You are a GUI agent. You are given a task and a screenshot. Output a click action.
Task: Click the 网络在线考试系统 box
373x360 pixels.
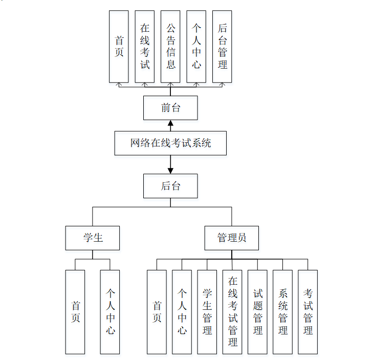coord(170,143)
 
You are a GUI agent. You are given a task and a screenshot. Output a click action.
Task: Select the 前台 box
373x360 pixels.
coord(170,108)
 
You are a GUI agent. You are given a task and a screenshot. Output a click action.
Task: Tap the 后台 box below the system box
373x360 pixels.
coord(170,186)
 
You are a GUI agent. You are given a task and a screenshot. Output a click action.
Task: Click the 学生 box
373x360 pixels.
coord(93,238)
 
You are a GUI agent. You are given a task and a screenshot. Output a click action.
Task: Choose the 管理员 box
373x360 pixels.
coord(231,238)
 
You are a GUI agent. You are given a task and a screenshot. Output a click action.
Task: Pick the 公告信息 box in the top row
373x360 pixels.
coord(170,46)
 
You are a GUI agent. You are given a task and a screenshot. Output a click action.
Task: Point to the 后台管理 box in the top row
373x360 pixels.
coord(222,46)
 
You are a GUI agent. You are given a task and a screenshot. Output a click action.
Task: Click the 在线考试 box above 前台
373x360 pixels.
coord(145,46)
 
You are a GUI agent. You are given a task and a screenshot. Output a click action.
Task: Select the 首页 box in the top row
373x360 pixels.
coord(119,46)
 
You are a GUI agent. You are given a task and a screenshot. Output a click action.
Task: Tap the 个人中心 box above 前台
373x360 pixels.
coord(196,46)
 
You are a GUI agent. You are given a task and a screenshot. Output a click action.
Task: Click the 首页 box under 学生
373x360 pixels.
coord(75,312)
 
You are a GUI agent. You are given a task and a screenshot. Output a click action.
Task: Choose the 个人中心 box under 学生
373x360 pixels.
coord(110,312)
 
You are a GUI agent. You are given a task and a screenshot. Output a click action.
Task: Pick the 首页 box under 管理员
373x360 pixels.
coord(157,312)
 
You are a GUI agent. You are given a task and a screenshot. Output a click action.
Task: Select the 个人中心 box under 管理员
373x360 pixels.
coord(182,312)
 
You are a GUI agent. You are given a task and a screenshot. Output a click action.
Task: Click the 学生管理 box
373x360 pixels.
coord(207,312)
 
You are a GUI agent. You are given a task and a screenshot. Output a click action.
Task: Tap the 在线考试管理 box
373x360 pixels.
coord(232,312)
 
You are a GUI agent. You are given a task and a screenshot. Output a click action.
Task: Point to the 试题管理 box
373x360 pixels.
coord(257,312)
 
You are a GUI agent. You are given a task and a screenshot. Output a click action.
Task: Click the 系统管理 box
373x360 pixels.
coord(282,312)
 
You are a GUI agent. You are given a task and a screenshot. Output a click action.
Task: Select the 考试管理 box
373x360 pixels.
coord(308,312)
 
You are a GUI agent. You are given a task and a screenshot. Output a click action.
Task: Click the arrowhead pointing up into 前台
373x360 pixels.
coord(170,123)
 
